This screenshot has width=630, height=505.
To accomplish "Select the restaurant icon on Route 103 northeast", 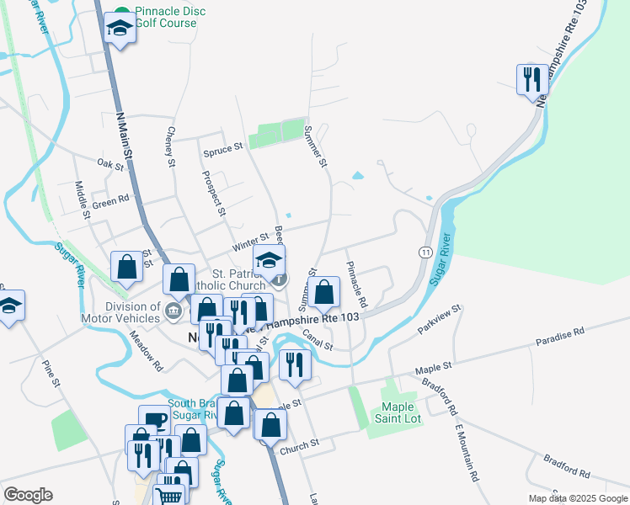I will coord(531,80).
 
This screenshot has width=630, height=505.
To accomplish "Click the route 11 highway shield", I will coord(426,252).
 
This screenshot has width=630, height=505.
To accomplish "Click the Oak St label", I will coord(110,163).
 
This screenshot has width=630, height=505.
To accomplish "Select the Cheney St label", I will coord(171,145).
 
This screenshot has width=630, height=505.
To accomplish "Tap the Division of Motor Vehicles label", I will coord(120,312).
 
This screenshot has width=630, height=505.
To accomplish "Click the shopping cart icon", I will coord(170,495).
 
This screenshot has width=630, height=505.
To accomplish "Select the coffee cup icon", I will coord(154,420).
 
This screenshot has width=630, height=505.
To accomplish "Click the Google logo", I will coord(28,495).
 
